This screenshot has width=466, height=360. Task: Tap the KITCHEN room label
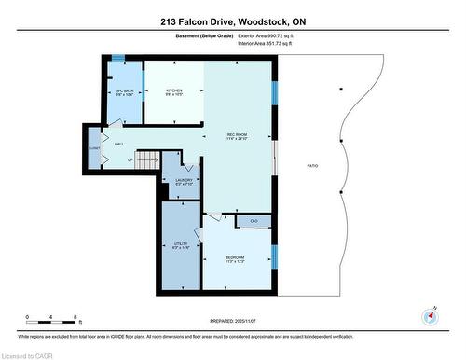173,92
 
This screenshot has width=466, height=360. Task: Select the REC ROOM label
237,136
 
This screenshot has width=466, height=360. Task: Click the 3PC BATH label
125,92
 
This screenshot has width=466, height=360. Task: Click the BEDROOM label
235,258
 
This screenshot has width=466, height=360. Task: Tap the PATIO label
312,166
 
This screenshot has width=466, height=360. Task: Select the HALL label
119,144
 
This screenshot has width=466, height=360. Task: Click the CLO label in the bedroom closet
253,221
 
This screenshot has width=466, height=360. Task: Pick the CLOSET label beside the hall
94,147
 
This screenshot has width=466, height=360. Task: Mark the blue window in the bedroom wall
274,255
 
